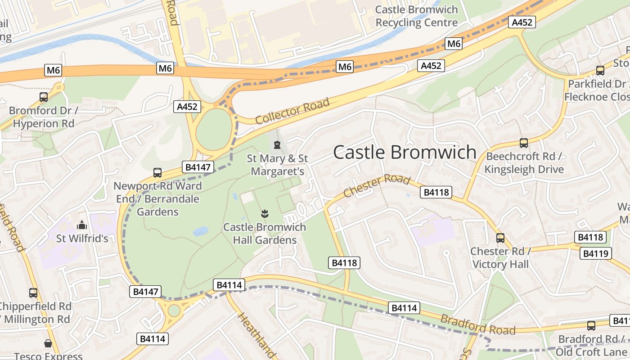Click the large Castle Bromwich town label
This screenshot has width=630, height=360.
[x=405, y=152]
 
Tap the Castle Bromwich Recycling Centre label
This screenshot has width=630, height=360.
[x=416, y=16]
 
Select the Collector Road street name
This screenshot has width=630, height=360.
[x=292, y=111]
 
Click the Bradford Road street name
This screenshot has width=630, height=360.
[x=477, y=324]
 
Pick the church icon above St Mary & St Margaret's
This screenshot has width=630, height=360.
[x=277, y=145]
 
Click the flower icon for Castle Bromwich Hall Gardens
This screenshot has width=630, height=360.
[x=265, y=213]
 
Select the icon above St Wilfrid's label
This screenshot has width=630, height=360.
[x=82, y=225]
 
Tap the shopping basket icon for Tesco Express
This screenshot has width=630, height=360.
[x=48, y=343]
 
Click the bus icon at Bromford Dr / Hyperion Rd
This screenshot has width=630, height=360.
[x=44, y=97]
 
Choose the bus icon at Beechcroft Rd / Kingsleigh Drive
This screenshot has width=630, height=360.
[x=524, y=143]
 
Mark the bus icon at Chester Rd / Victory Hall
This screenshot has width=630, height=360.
[x=500, y=238]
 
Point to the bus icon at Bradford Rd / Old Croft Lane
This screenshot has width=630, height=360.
[x=591, y=325]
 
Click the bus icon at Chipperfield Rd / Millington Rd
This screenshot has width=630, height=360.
[x=33, y=292]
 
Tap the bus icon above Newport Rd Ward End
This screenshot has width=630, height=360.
[x=157, y=172]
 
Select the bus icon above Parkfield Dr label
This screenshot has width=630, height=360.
[x=600, y=70]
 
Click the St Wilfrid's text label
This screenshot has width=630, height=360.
[x=82, y=238]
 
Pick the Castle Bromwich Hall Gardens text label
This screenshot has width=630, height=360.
[x=265, y=234]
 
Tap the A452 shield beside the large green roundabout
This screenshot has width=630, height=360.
[x=187, y=107]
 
